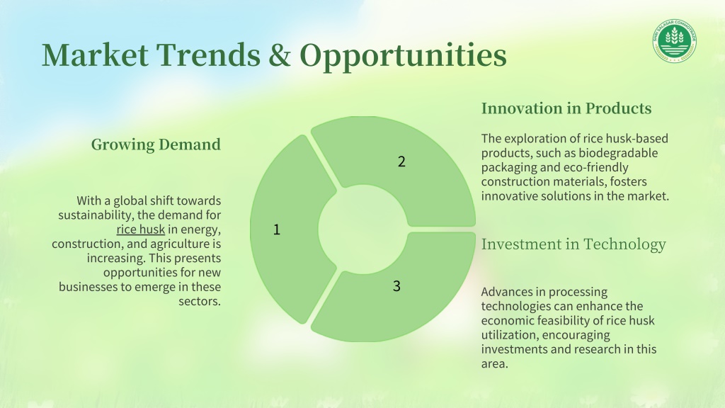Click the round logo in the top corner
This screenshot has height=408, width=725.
(675, 40)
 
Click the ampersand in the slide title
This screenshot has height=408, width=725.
(280, 55)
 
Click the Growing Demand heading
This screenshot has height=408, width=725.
(156, 144)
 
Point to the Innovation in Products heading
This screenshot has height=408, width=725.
(566, 108)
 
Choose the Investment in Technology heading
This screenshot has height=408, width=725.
(573, 244)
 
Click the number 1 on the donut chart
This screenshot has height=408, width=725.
(277, 229)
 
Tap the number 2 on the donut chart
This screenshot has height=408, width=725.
(401, 161)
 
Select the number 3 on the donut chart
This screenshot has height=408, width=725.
(396, 286)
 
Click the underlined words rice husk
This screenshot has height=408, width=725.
(141, 229)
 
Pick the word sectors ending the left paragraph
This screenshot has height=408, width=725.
(200, 302)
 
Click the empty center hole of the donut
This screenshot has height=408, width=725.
(363, 229)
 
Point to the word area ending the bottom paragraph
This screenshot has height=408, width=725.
(495, 364)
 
